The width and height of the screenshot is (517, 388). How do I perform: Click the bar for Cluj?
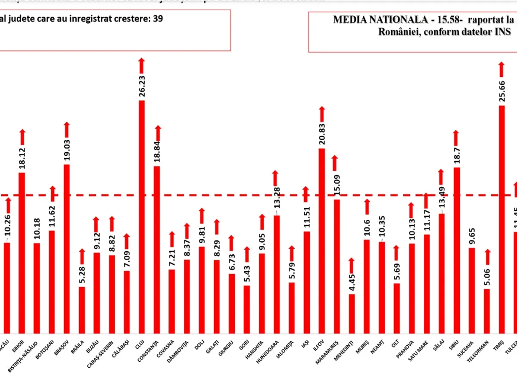[x=141, y=216]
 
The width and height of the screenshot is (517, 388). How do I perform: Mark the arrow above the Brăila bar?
[x=82, y=256]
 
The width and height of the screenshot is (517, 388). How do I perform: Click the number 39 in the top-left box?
[x=158, y=19]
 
